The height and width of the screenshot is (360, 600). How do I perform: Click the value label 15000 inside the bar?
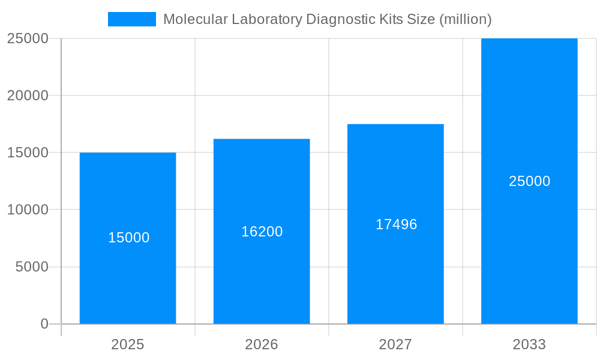coord(128,238)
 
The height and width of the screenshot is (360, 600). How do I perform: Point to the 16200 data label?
coord(262,232)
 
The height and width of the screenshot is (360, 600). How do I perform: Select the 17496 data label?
coord(396,224)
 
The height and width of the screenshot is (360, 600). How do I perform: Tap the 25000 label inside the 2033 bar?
coord(529,181)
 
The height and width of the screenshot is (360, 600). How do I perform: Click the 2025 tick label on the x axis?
coord(128,344)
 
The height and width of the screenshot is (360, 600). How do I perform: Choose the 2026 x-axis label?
coord(262,344)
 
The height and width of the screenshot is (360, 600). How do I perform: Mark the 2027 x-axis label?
coord(395,344)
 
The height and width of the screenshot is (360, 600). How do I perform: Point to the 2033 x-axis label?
coord(529,344)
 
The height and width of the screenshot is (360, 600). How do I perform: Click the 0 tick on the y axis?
coord(44,324)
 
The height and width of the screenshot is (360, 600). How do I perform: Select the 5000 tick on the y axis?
coord(32,267)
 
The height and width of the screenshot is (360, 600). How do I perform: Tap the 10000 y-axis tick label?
coord(28,210)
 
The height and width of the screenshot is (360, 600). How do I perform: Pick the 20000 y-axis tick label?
coord(28,95)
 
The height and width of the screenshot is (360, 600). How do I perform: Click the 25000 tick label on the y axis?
coord(28,38)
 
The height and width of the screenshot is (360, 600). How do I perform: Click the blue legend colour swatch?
coord(131,19)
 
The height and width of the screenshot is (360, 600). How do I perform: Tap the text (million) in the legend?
coord(466,19)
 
